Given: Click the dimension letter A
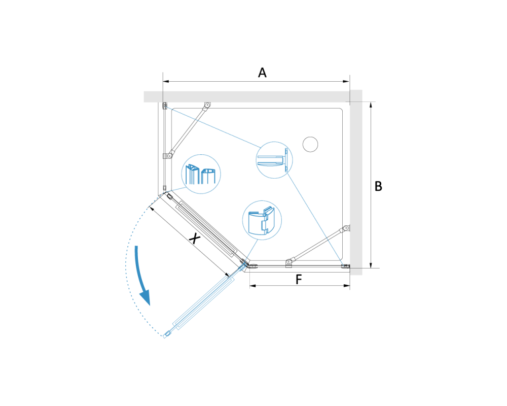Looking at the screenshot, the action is coord(262,73).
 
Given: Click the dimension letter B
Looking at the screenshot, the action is coord(378,186).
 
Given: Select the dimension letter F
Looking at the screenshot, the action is coord(299,279).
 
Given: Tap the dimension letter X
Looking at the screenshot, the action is coord(194,239).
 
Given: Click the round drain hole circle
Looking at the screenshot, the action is coord(310,145).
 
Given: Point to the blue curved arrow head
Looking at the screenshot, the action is coord(146,297).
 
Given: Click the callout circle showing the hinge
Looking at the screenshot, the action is coord(262,220).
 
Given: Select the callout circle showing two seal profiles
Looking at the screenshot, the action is coord(201,174).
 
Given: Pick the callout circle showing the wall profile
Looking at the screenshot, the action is coord(274,160).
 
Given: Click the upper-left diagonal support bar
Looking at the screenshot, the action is coord(188,131).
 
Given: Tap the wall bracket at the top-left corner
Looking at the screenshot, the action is coord(165,106).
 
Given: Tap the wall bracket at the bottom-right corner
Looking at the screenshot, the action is coord(346,266).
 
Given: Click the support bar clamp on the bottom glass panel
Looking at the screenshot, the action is coord(289,263).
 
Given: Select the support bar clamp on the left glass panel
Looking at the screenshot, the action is coord(167,156).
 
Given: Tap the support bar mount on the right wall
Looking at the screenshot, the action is coord(347,228).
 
